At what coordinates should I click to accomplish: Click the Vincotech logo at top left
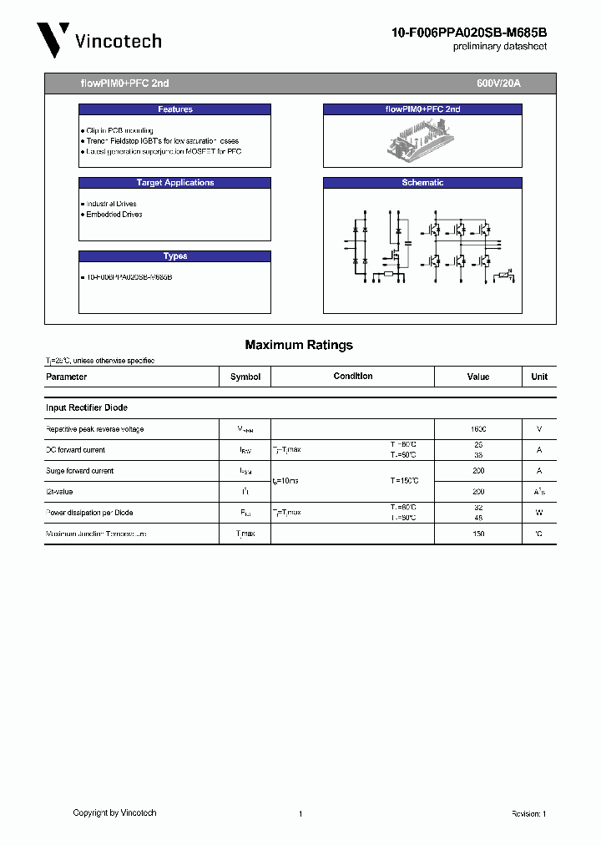coord(98,40)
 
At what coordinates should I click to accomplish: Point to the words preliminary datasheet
coord(499,47)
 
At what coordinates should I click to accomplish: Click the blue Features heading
coord(174,109)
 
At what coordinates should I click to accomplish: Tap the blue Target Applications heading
coord(174,183)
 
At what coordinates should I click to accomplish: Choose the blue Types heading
coord(174,256)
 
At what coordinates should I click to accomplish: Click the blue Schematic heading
coord(422,183)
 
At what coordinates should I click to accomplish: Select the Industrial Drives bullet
coord(111,204)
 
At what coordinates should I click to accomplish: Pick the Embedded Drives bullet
coord(114,215)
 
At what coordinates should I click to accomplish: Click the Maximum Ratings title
coord(299,345)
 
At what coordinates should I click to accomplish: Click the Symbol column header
coord(245,377)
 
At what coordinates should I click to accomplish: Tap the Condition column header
coord(353,377)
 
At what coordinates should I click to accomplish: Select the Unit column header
coord(539,377)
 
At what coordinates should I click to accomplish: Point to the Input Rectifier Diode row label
coord(87,407)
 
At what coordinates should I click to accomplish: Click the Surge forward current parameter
coord(79,471)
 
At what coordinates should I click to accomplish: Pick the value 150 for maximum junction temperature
coord(478,534)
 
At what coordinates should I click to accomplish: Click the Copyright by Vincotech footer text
coord(114,812)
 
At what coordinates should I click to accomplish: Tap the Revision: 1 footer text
coord(528,813)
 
